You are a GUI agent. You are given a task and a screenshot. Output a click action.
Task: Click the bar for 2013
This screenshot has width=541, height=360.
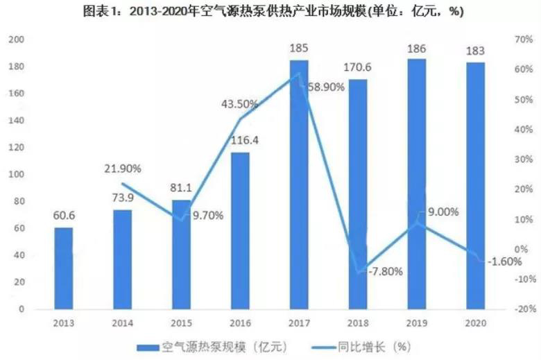[x=63, y=268]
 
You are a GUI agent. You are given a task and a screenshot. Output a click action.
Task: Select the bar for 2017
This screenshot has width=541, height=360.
[x=298, y=184]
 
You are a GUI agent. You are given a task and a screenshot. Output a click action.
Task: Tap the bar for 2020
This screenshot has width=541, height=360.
[x=475, y=185]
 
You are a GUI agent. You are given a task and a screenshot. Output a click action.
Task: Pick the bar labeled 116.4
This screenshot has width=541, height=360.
[x=239, y=230]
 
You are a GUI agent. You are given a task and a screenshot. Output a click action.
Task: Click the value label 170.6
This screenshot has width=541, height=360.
[x=358, y=68]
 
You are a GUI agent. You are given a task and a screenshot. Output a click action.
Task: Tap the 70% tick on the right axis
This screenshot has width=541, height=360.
[x=522, y=40]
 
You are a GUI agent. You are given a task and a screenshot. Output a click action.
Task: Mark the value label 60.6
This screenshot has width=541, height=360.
[x=63, y=216]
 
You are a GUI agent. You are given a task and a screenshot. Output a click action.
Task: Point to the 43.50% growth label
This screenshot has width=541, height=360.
[x=239, y=104]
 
